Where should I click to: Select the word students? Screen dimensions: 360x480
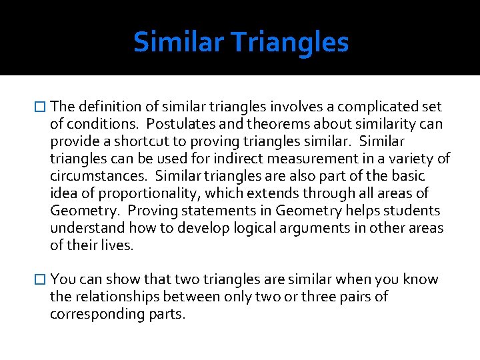pyautogui.click(x=415, y=211)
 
